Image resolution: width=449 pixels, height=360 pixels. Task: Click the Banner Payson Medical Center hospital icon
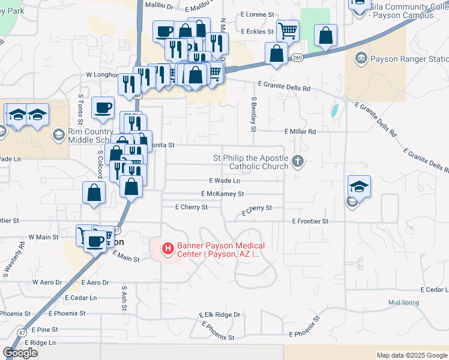[x=168, y=247]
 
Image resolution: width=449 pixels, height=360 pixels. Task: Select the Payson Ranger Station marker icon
[x=361, y=59]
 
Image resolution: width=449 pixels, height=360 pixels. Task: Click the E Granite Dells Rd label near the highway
[x=284, y=87]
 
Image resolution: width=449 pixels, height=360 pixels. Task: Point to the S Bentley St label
[x=254, y=114]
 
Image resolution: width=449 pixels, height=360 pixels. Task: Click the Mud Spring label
[x=403, y=302]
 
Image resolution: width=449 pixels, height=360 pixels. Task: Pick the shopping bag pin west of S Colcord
[x=94, y=193]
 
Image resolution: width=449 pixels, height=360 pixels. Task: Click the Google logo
[x=20, y=353]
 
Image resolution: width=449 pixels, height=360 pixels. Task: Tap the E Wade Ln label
[x=224, y=181]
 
